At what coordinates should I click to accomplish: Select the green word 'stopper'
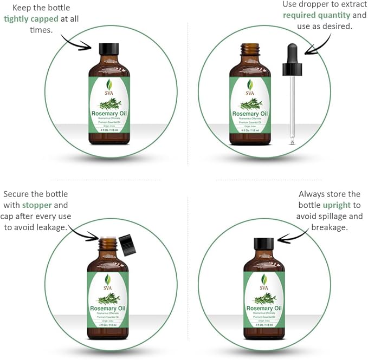(37, 205)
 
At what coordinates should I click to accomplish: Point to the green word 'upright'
(337, 205)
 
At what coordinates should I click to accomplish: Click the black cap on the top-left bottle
(109, 48)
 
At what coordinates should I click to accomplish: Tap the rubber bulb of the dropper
(292, 58)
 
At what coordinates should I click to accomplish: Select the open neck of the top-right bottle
(250, 49)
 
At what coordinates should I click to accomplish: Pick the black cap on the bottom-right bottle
(264, 244)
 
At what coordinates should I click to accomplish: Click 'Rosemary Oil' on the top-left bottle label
(109, 114)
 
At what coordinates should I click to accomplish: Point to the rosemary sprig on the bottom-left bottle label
(109, 298)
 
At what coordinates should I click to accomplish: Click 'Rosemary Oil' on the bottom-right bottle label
(264, 309)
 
